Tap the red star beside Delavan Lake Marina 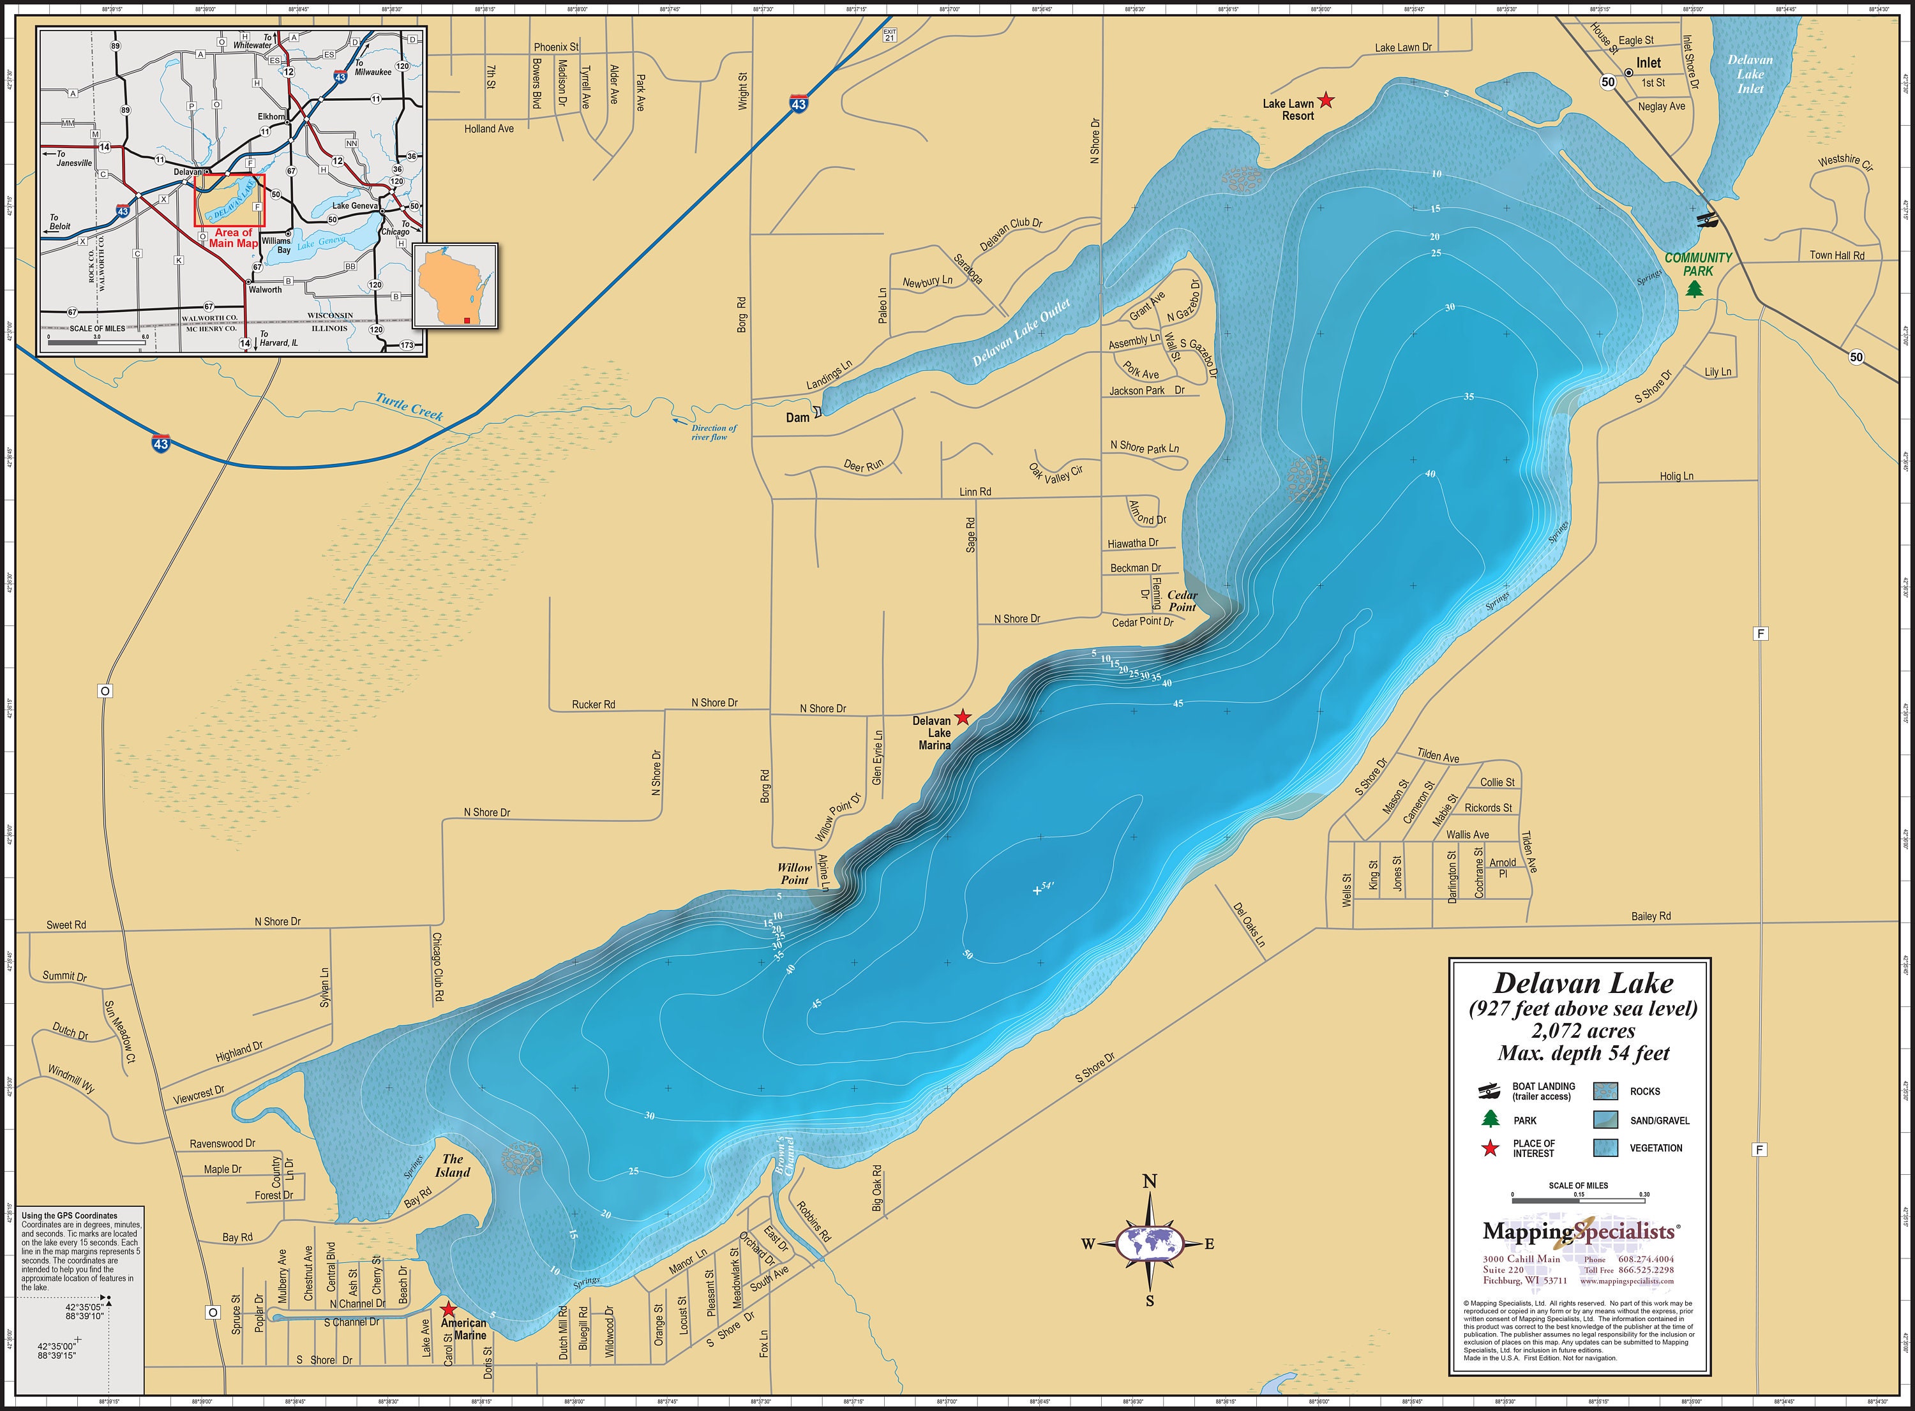click(x=963, y=717)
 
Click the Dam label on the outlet click(x=798, y=417)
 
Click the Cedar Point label click(x=1182, y=601)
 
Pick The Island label click(x=452, y=1165)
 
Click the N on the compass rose click(x=1150, y=1182)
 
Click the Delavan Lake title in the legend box click(x=1582, y=983)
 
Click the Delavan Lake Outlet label click(x=1021, y=333)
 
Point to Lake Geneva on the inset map click(x=354, y=206)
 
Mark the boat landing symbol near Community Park click(x=1706, y=220)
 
